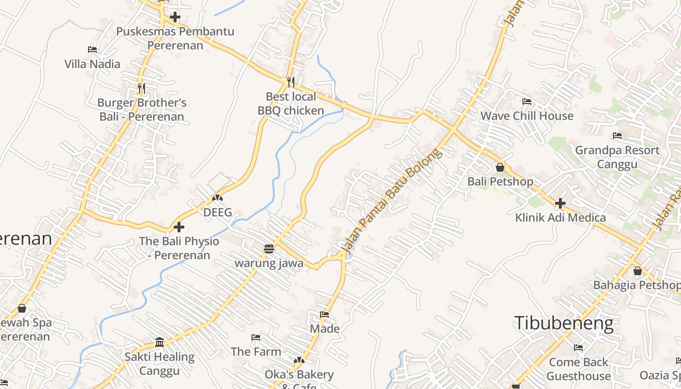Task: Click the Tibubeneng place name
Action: (x=564, y=323)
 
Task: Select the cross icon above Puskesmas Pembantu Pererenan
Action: (x=175, y=17)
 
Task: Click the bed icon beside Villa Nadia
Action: (x=92, y=49)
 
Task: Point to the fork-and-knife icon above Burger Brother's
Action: (x=141, y=88)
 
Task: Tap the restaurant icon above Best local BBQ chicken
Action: (x=291, y=82)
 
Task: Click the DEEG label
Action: (x=217, y=212)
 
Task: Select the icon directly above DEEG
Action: (x=217, y=198)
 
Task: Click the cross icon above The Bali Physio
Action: (x=179, y=227)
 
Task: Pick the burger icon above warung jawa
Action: (x=269, y=249)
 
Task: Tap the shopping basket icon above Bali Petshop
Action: (x=500, y=168)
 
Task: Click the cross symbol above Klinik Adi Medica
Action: (x=560, y=203)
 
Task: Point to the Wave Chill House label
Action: (x=527, y=116)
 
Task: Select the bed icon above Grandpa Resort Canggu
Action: (x=617, y=136)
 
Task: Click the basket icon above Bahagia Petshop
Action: (x=637, y=271)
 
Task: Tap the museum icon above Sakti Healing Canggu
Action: (x=160, y=342)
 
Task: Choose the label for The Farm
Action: (x=256, y=351)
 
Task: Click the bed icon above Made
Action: (x=324, y=315)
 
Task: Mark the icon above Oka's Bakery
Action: (x=299, y=360)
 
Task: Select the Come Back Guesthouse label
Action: (x=578, y=369)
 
